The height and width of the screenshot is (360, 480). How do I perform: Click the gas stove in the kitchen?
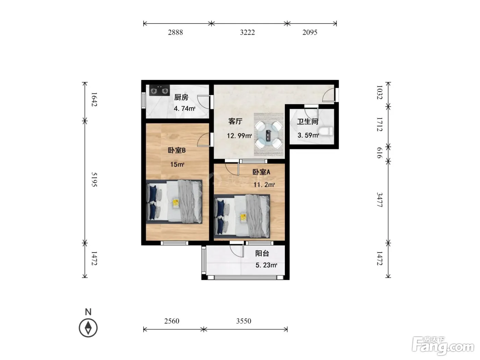pos(159,90)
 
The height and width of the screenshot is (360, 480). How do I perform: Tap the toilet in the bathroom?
pos(326,132)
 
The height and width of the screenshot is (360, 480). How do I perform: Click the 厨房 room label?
pos(181,97)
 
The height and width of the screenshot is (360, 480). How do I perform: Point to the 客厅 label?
pos(235,121)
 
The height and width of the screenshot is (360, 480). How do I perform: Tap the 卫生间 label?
pos(308,121)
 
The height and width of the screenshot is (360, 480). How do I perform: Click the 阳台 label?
pos(262,253)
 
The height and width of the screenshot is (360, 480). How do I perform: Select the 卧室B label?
pos(177,151)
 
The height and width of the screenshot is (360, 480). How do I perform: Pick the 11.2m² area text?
pos(264,185)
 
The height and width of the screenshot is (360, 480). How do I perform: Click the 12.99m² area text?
pos(239,136)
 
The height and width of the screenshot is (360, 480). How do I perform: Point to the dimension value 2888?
pos(176,32)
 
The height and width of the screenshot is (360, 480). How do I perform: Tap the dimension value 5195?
pos(94,179)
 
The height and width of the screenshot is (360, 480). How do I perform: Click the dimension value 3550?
pos(244,321)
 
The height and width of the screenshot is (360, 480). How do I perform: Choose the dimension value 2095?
pos(310,32)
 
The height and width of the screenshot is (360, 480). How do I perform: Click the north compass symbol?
pos(88,328)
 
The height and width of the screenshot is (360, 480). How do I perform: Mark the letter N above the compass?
pos(88,312)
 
